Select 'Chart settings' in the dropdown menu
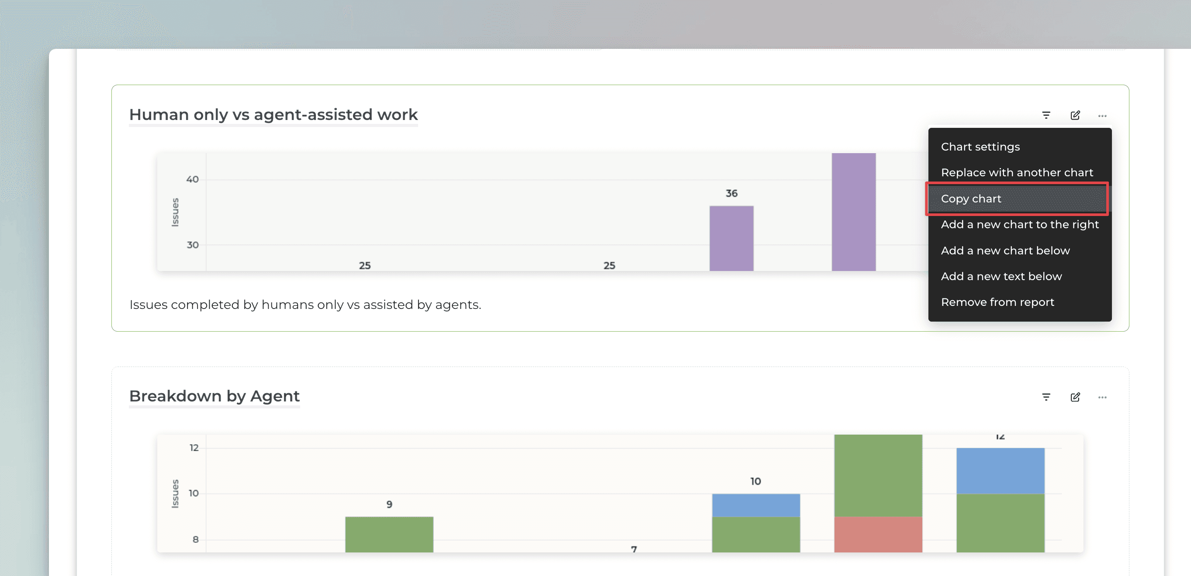980,147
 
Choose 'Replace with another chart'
1017,173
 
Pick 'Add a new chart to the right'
1019,224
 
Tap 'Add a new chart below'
1005,250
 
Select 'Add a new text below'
1001,276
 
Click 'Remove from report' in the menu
997,302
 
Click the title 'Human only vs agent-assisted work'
273,115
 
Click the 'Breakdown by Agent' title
214,396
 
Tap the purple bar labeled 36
731,238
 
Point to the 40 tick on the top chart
192,179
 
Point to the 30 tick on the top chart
192,245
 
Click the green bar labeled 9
389,535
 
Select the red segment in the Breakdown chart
878,535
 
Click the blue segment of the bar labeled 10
756,505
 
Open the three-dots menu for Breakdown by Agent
1102,397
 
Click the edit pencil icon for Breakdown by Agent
1075,397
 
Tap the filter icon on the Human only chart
1046,116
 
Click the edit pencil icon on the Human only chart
1075,116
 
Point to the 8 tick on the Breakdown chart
196,539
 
